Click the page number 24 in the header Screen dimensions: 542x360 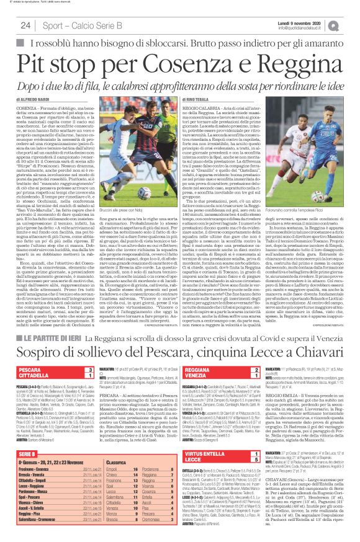coord(25,25)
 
